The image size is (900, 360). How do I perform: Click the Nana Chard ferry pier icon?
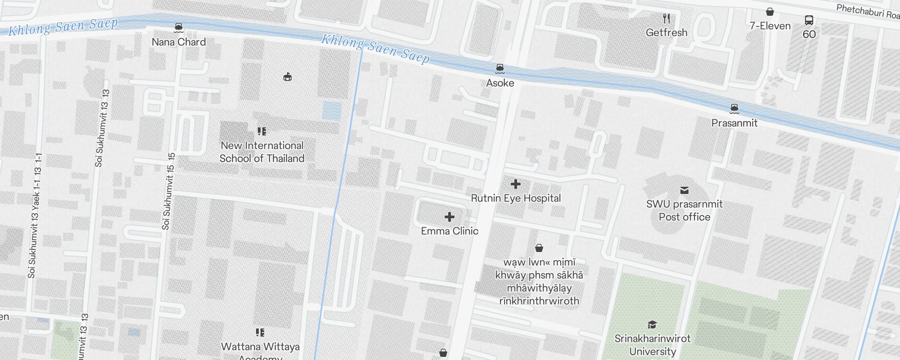[179, 28]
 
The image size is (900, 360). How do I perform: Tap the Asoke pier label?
[500, 83]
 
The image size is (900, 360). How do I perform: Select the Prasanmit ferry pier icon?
[734, 108]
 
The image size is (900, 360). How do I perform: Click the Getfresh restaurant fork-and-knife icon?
[666, 18]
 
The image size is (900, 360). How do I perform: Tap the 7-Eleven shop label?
[770, 26]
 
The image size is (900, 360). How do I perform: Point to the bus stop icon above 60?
[809, 20]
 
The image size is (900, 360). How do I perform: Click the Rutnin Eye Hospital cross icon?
[516, 184]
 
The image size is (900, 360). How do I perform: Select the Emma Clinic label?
[450, 231]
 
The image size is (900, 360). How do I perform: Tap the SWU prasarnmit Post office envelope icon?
[684, 190]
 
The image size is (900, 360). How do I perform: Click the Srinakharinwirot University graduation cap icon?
[652, 324]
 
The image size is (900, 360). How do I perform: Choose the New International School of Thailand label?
[262, 152]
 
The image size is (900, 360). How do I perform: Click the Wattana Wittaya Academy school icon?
[260, 333]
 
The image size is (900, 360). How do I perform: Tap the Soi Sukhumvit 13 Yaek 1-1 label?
[35, 216]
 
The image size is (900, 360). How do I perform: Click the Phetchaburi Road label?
[867, 11]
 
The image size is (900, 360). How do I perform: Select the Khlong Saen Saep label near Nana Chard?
[63, 27]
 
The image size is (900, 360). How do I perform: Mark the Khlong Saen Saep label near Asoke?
[375, 49]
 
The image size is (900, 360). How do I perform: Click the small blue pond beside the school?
[332, 110]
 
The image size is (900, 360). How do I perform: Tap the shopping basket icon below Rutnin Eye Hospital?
[539, 248]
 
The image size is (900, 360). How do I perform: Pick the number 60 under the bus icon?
[809, 34]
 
